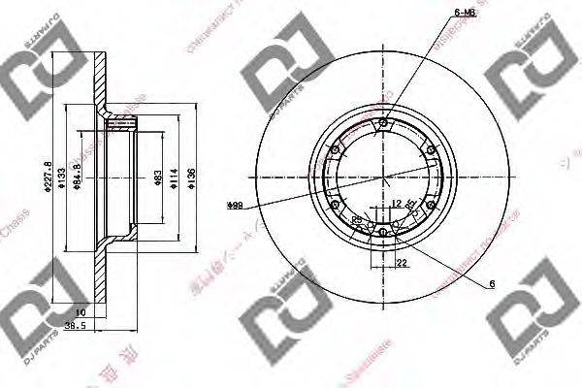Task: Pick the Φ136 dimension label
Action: click(x=194, y=177)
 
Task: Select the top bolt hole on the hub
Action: click(x=384, y=122)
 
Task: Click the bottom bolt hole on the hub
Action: click(x=384, y=233)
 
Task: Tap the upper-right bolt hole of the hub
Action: click(x=432, y=149)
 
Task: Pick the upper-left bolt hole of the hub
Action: click(x=336, y=149)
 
